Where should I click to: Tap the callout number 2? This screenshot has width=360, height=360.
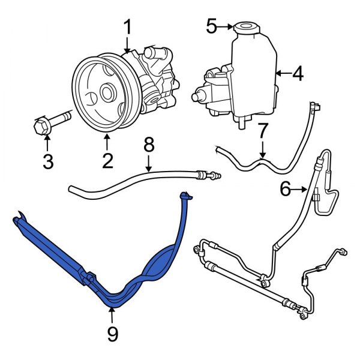tap(107, 160)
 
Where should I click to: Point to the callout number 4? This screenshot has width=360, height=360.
tap(298, 74)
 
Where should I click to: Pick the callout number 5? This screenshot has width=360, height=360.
tap(211, 26)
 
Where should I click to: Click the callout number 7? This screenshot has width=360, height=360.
tap(262, 130)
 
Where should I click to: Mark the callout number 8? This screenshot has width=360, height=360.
tap(149, 145)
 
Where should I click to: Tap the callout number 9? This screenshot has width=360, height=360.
tap(112, 334)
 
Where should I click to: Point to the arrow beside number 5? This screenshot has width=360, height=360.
tap(226, 26)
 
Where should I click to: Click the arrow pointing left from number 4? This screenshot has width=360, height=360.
tap(282, 74)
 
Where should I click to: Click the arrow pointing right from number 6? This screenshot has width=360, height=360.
tap(302, 191)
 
